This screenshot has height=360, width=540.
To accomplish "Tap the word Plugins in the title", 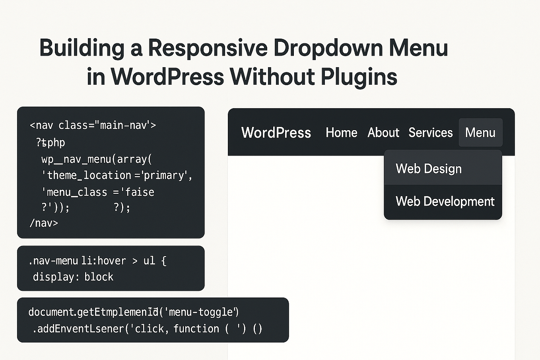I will (x=359, y=77).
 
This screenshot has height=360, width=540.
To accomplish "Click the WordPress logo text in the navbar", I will (x=276, y=133).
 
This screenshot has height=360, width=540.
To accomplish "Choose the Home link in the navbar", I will (x=341, y=133).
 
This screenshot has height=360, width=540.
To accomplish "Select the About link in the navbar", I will (x=383, y=133).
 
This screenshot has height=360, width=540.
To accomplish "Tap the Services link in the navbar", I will (x=430, y=133).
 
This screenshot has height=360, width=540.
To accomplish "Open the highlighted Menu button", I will (x=480, y=133).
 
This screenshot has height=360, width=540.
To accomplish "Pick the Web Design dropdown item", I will (x=428, y=169).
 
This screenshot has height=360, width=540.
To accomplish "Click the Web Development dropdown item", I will (x=445, y=202).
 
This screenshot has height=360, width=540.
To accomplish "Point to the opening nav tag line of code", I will (x=93, y=125).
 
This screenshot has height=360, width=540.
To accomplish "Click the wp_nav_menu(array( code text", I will (x=97, y=159).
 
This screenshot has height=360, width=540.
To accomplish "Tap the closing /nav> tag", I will (x=44, y=223).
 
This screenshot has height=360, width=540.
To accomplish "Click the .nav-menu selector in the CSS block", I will (x=53, y=261).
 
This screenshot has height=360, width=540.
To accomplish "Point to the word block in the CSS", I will (x=99, y=277).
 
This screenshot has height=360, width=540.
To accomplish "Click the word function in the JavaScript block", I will (x=196, y=329).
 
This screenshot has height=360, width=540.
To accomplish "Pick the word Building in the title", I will (x=82, y=48).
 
